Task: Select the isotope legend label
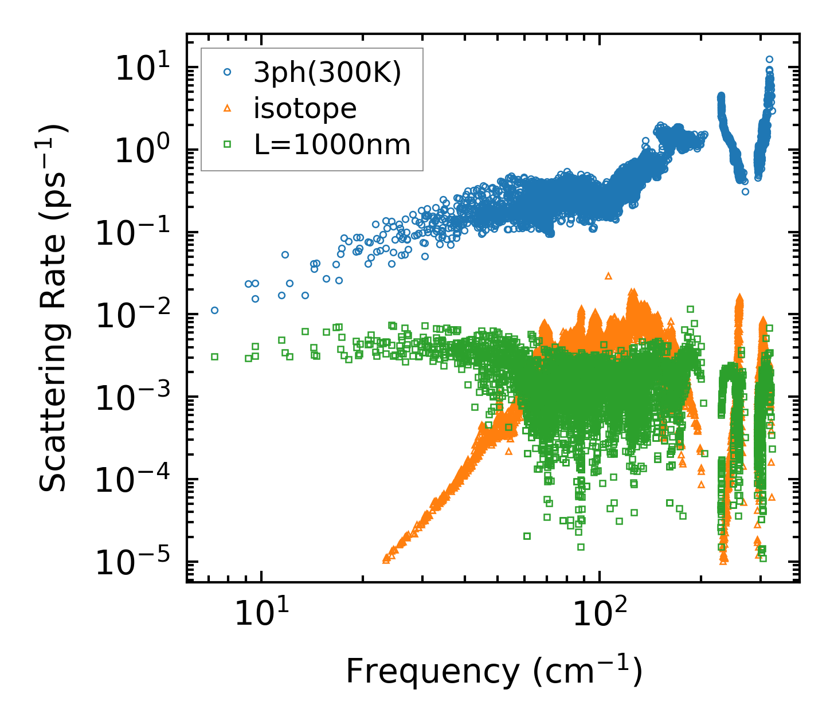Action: [x=305, y=108]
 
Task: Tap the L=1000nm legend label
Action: [x=332, y=145]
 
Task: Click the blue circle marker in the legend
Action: [x=228, y=72]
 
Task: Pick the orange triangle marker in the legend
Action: [x=228, y=108]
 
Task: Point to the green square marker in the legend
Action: [x=228, y=145]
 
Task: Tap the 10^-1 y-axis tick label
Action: [x=131, y=233]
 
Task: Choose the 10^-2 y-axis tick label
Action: [x=131, y=315]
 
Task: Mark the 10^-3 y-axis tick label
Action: [x=131, y=397]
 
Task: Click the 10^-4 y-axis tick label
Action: [x=131, y=480]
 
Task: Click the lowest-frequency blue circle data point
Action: [x=214, y=310]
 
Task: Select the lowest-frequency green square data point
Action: [x=214, y=356]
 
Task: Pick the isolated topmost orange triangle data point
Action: [x=608, y=276]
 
